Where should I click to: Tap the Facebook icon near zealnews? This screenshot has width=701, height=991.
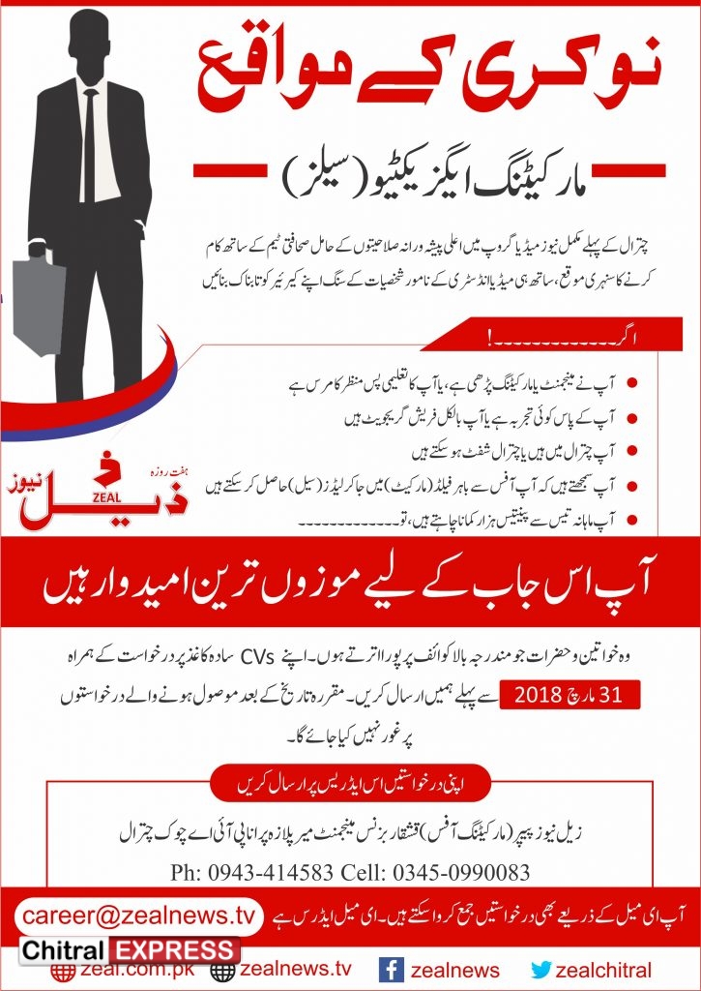(x=391, y=970)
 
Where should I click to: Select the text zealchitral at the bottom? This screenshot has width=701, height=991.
(x=605, y=970)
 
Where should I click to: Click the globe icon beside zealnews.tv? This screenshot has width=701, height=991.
(x=223, y=971)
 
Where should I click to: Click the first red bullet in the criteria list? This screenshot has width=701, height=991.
(x=632, y=381)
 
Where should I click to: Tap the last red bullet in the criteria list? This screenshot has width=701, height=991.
(x=632, y=520)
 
